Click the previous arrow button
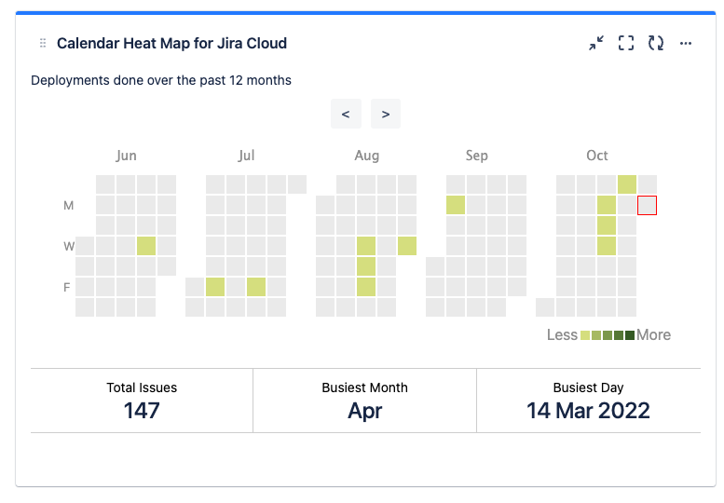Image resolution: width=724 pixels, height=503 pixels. (x=346, y=115)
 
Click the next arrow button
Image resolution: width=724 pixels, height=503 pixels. (x=386, y=115)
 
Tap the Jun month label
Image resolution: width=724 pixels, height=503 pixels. (x=126, y=156)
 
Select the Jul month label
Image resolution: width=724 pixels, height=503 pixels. (x=246, y=156)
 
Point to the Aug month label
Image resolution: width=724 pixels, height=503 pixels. (x=367, y=156)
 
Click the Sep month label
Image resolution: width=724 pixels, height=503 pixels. (x=476, y=156)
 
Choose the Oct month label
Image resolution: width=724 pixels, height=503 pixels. (x=597, y=156)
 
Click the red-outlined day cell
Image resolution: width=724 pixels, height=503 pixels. (x=648, y=205)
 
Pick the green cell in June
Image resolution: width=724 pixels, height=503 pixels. (x=146, y=246)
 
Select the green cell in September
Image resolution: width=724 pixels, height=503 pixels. (x=456, y=205)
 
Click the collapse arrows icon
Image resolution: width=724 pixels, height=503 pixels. (x=596, y=43)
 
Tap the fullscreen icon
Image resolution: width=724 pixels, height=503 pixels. (x=626, y=43)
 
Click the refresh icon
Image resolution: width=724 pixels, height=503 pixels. (x=656, y=43)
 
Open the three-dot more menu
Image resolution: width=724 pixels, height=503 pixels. (x=686, y=43)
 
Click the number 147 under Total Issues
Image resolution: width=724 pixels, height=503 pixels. (x=142, y=410)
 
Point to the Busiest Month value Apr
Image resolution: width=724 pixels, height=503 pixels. (x=365, y=410)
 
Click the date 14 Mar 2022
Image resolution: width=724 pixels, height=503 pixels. (x=588, y=410)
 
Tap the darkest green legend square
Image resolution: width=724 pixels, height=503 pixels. (x=630, y=335)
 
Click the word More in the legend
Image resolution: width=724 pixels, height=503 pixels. (x=654, y=335)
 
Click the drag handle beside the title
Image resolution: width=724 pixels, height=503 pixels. (x=43, y=44)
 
